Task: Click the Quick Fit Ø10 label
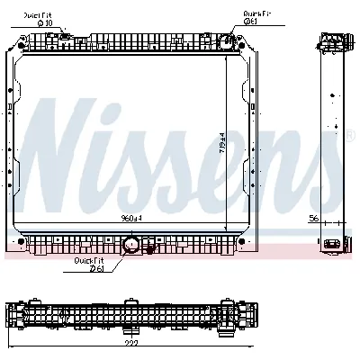point(38,17)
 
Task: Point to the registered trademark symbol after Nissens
point(350,135)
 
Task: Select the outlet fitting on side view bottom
point(339,243)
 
